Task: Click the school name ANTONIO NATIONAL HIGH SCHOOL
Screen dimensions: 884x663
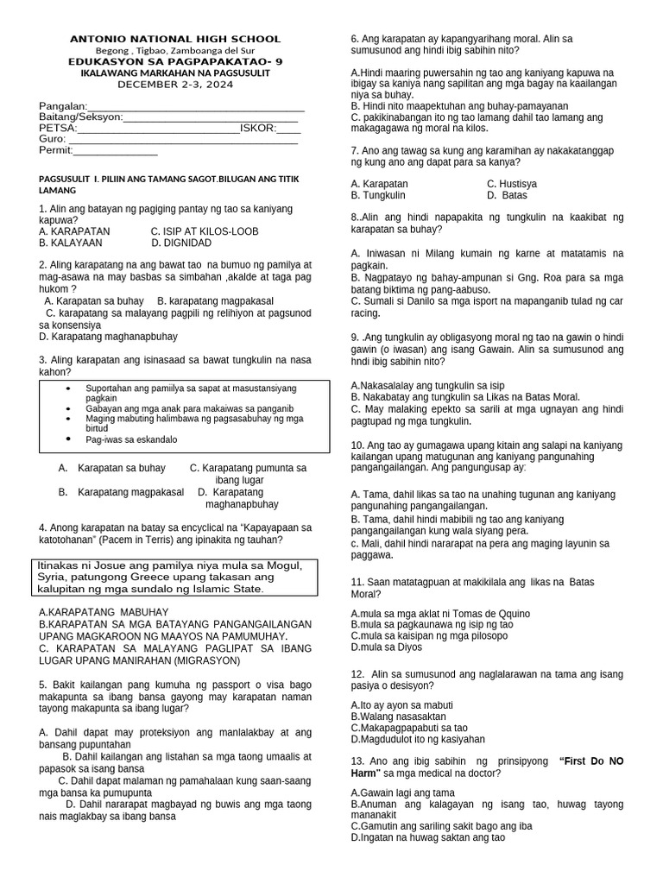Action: [x=175, y=39]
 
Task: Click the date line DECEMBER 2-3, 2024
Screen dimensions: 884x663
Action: [x=175, y=84]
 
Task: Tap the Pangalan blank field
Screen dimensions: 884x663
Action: [x=191, y=106]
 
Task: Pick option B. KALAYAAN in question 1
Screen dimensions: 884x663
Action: [x=71, y=243]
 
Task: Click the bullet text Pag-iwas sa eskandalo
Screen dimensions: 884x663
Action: [x=131, y=439]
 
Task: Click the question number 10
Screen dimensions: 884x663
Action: [x=358, y=445]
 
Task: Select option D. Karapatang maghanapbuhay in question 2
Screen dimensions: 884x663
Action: [x=108, y=336]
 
